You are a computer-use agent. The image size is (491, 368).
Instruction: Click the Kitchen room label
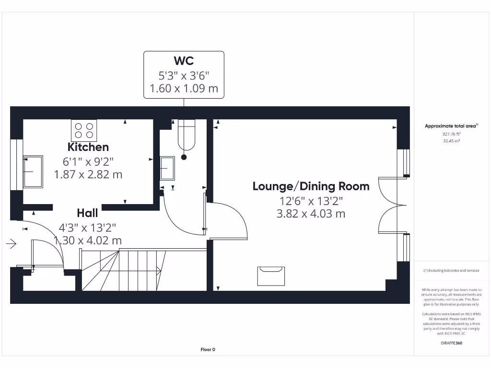[x=88, y=147]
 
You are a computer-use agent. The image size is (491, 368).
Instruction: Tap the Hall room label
[x=87, y=213]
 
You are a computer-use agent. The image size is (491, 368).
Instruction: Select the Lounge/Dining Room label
[x=311, y=186]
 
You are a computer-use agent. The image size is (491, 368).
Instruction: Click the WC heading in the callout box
[x=184, y=61]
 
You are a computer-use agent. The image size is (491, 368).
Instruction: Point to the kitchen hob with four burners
[x=84, y=130]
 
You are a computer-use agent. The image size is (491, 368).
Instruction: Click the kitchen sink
[x=33, y=172]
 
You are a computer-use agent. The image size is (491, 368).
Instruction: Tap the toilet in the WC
[x=187, y=135]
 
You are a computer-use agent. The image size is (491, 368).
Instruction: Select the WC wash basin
[x=167, y=168]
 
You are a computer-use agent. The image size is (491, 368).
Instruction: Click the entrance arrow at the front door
[x=12, y=244]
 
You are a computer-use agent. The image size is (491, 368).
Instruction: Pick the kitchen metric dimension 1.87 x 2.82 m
[x=88, y=174]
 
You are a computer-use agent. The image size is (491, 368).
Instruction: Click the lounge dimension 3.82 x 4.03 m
[x=311, y=214]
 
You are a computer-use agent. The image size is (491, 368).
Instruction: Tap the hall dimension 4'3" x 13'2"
[x=87, y=228]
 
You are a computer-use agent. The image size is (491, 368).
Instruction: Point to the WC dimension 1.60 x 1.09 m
[x=184, y=89]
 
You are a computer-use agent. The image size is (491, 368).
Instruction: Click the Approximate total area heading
[x=451, y=126]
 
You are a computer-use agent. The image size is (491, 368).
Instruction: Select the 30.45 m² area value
[x=451, y=141]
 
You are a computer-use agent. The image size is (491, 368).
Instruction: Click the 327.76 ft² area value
[x=451, y=134]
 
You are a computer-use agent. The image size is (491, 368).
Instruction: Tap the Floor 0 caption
[x=208, y=349]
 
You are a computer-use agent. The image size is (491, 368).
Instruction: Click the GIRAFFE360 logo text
[x=451, y=343]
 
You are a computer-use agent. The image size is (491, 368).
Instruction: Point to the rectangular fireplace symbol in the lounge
[x=271, y=276]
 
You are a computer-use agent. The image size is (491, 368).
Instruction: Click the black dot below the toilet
[x=184, y=157]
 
